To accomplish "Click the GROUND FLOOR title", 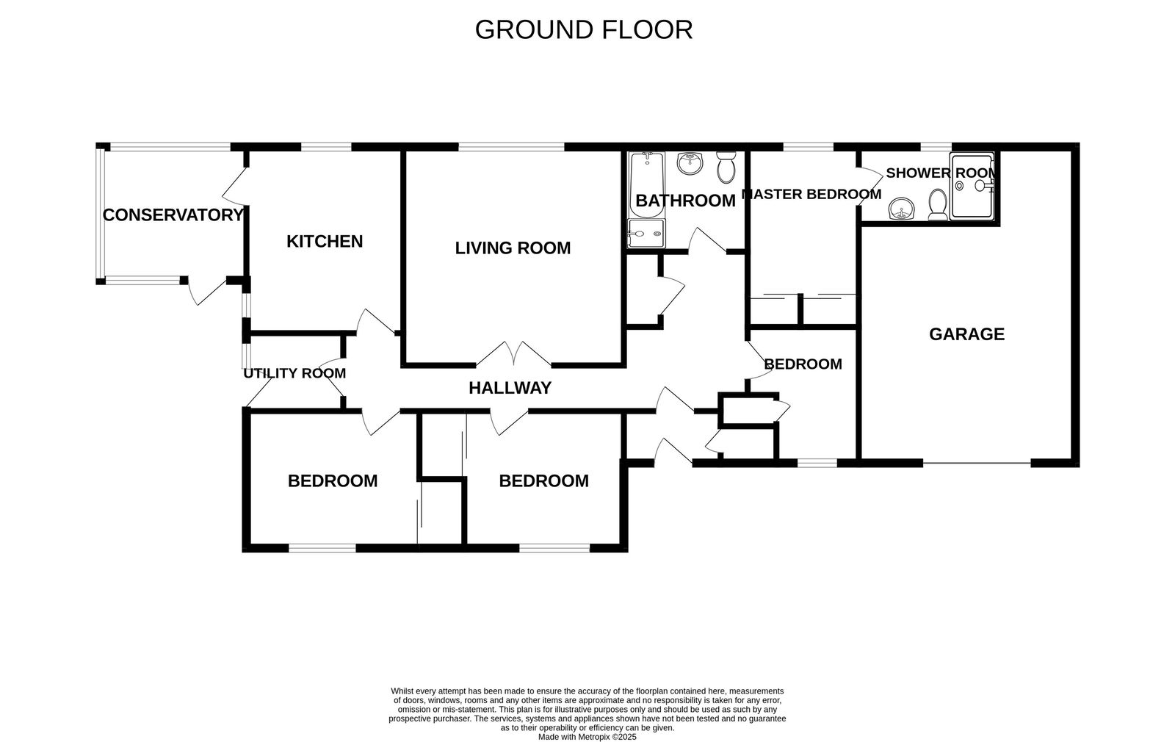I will pyautogui.click(x=584, y=30).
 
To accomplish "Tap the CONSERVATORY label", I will pyautogui.click(x=173, y=215).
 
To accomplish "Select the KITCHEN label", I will pyautogui.click(x=325, y=242).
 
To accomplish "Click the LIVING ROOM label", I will pyautogui.click(x=513, y=248).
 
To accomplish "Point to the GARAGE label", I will pyautogui.click(x=966, y=334).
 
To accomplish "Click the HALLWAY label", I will pyautogui.click(x=510, y=388).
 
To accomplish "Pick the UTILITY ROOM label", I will pyautogui.click(x=294, y=373).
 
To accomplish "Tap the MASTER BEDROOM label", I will pyautogui.click(x=811, y=195).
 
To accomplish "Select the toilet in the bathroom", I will pyautogui.click(x=726, y=168).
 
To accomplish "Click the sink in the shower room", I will pyautogui.click(x=900, y=209).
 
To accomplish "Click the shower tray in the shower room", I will pyautogui.click(x=973, y=187).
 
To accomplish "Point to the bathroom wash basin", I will pyautogui.click(x=690, y=163).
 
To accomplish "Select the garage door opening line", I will pyautogui.click(x=977, y=463).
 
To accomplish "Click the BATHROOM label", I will pyautogui.click(x=685, y=201).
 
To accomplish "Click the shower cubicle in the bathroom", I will pyautogui.click(x=646, y=234).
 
